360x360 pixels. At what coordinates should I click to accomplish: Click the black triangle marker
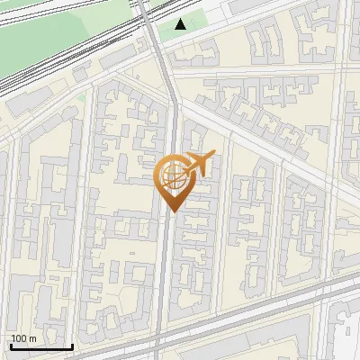coord(181,24)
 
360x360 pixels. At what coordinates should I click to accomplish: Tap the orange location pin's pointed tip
coord(171,211)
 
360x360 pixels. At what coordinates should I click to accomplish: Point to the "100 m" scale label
coord(24,338)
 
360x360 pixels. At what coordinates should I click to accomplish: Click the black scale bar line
coord(40,346)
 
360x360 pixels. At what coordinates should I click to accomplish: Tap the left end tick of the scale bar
coord(10,346)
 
